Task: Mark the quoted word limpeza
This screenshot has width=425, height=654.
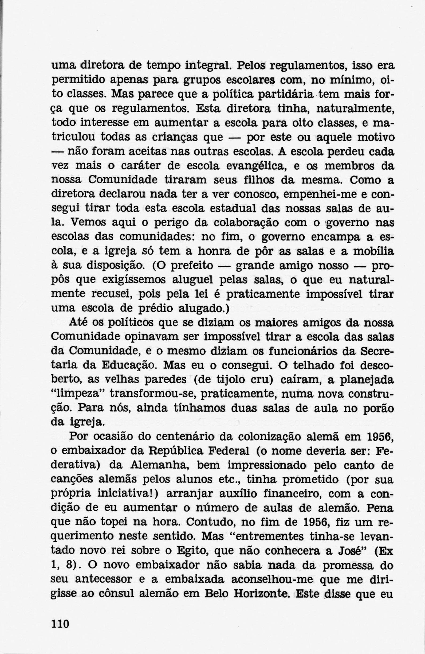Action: [79, 395]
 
